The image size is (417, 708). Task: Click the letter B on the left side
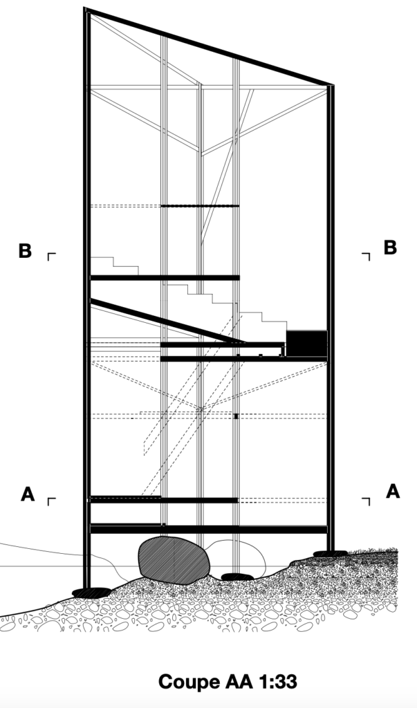[x=25, y=250]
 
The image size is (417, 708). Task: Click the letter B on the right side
[x=390, y=248]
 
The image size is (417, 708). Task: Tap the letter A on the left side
[x=27, y=494]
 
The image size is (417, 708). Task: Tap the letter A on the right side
[x=392, y=491]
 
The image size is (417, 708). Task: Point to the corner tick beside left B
[x=51, y=256]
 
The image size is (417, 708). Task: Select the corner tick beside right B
[x=366, y=256]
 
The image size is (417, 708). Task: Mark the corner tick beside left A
[x=51, y=500]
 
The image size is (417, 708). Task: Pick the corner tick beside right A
[x=366, y=500]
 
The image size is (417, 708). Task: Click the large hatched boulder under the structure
[x=174, y=558]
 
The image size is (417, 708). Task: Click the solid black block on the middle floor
[x=306, y=343]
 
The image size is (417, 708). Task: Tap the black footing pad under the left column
[x=91, y=593]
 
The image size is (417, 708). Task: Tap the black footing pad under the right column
[x=330, y=553]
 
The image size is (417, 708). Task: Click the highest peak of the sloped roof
[x=86, y=10]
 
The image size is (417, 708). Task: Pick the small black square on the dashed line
[x=236, y=416]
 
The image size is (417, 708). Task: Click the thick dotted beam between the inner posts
[x=200, y=206]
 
